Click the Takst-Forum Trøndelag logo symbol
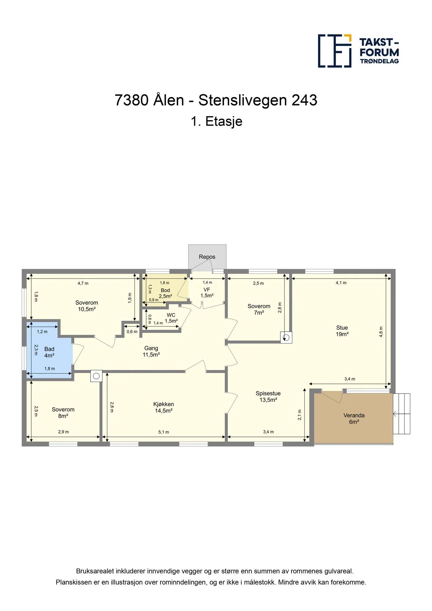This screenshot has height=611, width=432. click(335, 51)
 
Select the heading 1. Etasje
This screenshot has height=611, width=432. click(217, 121)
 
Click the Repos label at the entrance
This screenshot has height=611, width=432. click(207, 257)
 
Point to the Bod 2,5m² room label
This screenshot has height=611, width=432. click(165, 293)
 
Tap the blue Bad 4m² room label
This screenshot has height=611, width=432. click(49, 352)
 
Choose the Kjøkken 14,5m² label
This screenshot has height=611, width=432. click(164, 407)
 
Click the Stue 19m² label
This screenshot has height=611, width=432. click(342, 331)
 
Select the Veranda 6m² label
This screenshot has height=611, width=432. click(354, 419)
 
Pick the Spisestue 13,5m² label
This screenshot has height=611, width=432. click(268, 396)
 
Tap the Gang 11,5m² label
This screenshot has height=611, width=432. click(151, 351)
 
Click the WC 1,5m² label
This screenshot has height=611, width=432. click(171, 318)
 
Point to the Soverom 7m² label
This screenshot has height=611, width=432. click(259, 309)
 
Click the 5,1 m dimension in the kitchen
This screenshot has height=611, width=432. click(164, 432)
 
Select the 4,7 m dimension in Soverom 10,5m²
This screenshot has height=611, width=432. click(83, 283)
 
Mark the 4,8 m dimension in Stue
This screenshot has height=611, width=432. click(381, 332)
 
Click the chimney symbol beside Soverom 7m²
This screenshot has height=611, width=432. click(286, 337)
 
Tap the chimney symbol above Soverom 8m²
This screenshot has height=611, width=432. click(96, 376)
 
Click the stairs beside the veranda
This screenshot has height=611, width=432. click(402, 414)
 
